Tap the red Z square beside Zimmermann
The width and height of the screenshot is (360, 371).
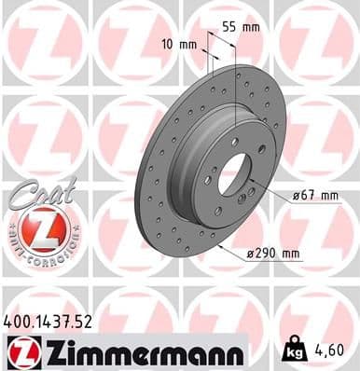(x=19, y=351)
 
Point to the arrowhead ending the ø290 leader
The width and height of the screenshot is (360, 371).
(x=216, y=246)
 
